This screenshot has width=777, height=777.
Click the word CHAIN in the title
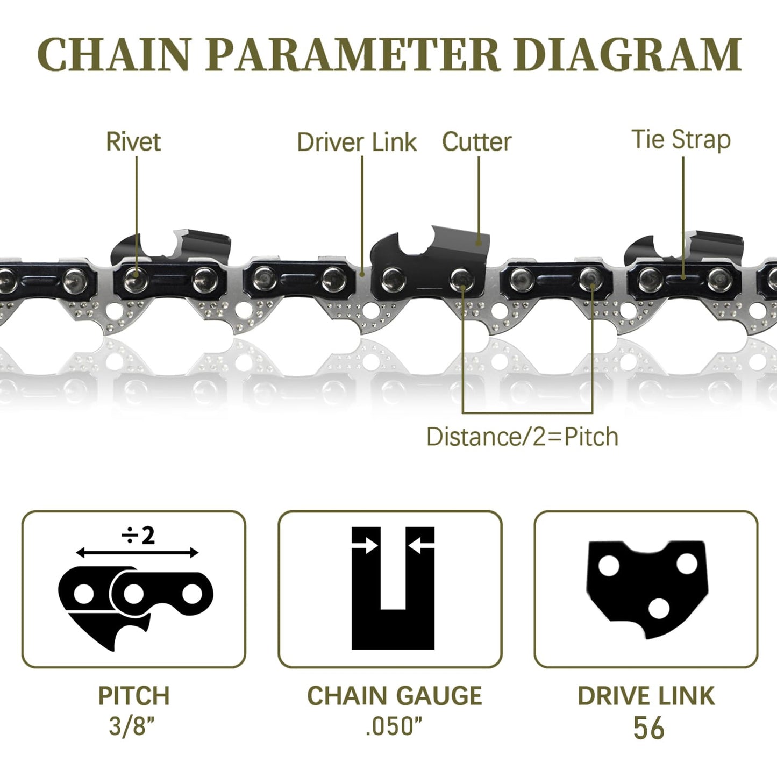click(113, 55)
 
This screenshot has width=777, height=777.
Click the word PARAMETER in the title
click(353, 55)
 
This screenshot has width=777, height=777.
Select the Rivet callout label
click(133, 142)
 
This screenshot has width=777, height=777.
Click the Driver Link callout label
click(357, 142)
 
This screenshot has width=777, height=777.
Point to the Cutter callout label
click(476, 142)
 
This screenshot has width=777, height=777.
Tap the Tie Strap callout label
click(681, 140)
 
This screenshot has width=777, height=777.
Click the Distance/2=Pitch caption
click(522, 437)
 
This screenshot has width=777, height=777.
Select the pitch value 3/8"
click(132, 726)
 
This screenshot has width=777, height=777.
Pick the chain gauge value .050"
click(394, 726)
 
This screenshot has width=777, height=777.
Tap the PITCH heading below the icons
click(134, 696)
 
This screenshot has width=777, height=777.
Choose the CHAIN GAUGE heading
click(394, 696)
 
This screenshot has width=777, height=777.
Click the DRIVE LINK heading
click(646, 696)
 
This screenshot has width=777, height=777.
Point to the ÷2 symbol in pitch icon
click(138, 536)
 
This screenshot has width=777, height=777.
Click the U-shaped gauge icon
click(393, 589)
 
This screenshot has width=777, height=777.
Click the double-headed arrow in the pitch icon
click(137, 552)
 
